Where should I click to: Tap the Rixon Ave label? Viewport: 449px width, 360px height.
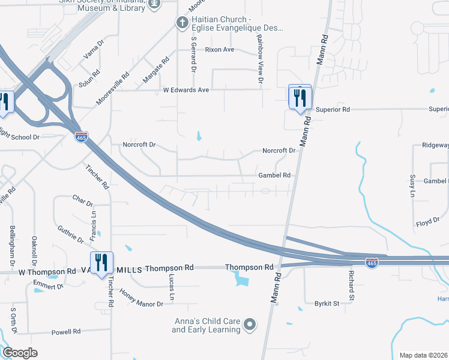(220, 50)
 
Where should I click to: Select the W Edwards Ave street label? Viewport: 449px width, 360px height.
(186, 90)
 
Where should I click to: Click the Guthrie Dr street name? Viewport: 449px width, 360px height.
(71, 235)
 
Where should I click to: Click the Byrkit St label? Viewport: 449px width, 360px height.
(327, 304)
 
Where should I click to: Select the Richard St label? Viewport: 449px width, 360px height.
(352, 286)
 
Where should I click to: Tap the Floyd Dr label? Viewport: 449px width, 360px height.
(427, 223)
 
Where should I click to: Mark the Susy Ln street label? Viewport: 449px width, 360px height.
(412, 186)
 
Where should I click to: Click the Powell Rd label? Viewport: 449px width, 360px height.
(65, 332)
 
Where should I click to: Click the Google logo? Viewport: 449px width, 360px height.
(20, 353)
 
